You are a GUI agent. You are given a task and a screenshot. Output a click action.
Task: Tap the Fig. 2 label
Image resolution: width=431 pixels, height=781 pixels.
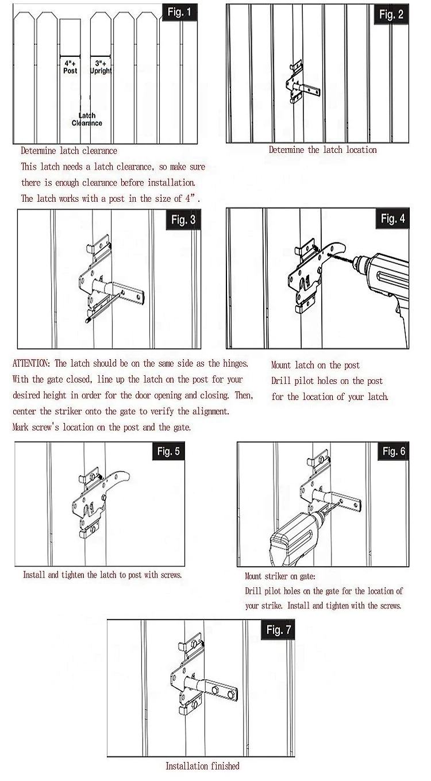tap(391, 14)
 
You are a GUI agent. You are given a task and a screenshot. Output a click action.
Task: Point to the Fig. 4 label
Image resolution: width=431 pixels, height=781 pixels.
tap(392, 218)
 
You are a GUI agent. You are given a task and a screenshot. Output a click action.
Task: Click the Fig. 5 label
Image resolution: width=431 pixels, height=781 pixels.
tap(168, 451)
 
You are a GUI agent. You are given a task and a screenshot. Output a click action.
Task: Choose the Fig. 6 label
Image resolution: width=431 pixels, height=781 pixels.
tap(394, 451)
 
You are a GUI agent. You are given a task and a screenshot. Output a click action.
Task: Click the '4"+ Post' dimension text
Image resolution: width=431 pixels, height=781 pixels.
tap(70, 66)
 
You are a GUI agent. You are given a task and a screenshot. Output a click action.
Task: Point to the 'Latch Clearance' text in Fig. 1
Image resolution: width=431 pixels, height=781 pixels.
tap(87, 119)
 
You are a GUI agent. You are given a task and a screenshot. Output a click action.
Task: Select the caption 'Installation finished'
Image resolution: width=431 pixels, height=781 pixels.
tap(202, 765)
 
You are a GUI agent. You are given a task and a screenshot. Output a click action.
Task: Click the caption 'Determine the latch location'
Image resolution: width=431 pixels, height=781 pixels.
tap(322, 150)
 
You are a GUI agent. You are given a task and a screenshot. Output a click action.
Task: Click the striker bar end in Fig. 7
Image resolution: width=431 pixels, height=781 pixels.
tap(227, 692)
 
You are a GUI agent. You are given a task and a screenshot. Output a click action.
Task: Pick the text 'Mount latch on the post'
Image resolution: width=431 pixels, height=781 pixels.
tap(315, 365)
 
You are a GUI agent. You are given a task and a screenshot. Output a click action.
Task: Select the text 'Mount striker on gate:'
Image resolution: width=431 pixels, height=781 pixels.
tap(280, 576)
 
